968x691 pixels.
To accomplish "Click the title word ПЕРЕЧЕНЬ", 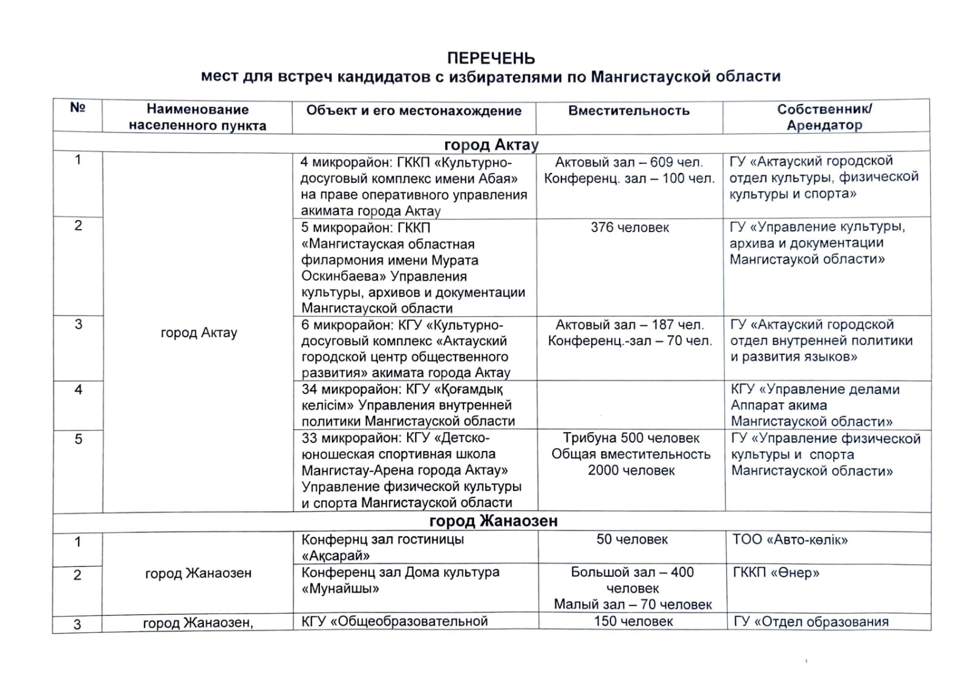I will (x=491, y=59).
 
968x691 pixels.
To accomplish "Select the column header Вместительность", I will (x=629, y=111).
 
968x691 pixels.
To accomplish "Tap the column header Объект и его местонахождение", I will (x=414, y=111).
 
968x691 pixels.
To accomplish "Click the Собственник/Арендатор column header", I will (x=824, y=117).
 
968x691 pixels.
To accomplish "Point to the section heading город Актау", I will (x=491, y=144).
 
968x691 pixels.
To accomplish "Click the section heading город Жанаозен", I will (x=493, y=521).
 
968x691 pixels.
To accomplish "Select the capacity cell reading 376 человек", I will (x=630, y=228).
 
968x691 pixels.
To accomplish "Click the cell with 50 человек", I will (x=632, y=539).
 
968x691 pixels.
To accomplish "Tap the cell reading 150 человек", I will (x=633, y=621).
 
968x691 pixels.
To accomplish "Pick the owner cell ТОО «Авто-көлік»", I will (x=790, y=540).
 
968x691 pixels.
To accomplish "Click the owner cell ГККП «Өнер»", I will (x=776, y=573).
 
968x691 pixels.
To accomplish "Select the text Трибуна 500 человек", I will (x=631, y=438).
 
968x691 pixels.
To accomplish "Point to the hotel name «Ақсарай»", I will (x=335, y=556).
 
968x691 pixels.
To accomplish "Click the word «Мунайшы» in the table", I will (x=340, y=588).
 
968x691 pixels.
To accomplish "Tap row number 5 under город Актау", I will (x=78, y=440).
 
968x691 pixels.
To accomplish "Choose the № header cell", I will (x=77, y=108).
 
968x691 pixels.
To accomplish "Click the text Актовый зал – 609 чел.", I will (x=629, y=162).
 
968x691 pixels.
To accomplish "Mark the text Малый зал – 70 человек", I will (x=633, y=605).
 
